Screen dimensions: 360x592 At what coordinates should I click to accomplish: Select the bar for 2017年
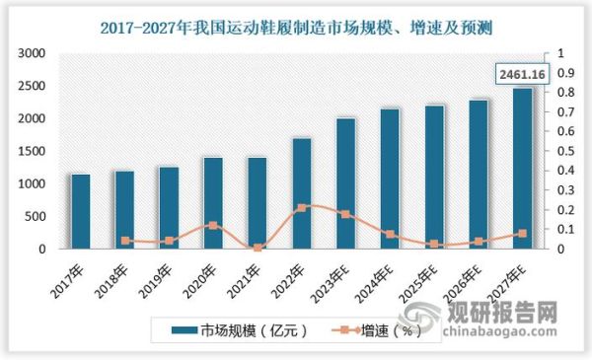81,211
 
